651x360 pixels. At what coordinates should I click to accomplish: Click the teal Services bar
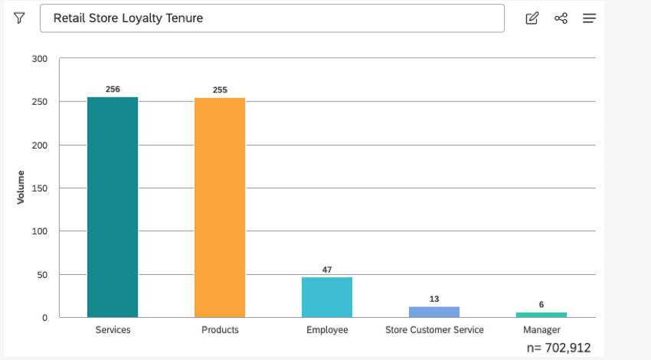(113, 207)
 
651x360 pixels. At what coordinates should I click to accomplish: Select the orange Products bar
(220, 208)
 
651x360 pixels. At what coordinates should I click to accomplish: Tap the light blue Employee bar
(327, 297)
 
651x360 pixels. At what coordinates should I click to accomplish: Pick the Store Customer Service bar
(434, 312)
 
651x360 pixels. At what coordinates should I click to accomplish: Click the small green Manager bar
(541, 315)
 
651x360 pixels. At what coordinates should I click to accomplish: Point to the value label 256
(113, 90)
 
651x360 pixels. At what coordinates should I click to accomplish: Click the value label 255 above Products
(220, 90)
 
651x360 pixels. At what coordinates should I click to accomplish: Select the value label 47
(327, 270)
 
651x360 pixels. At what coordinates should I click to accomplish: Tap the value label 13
(434, 299)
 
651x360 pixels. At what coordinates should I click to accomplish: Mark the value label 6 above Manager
(541, 305)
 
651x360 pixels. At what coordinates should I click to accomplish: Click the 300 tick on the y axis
(40, 59)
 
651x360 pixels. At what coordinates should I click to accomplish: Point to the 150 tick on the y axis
(40, 188)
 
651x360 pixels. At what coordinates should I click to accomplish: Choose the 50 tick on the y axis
(42, 274)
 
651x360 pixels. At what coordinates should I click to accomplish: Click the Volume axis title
(21, 187)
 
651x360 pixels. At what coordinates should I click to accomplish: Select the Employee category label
(327, 330)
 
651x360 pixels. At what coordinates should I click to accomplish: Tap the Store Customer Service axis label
(434, 330)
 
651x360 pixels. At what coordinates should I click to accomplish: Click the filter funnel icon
(19, 18)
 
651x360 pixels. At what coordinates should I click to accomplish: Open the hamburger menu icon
(589, 18)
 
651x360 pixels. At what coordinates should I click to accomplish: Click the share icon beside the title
(561, 18)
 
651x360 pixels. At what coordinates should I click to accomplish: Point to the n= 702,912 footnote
(559, 348)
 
